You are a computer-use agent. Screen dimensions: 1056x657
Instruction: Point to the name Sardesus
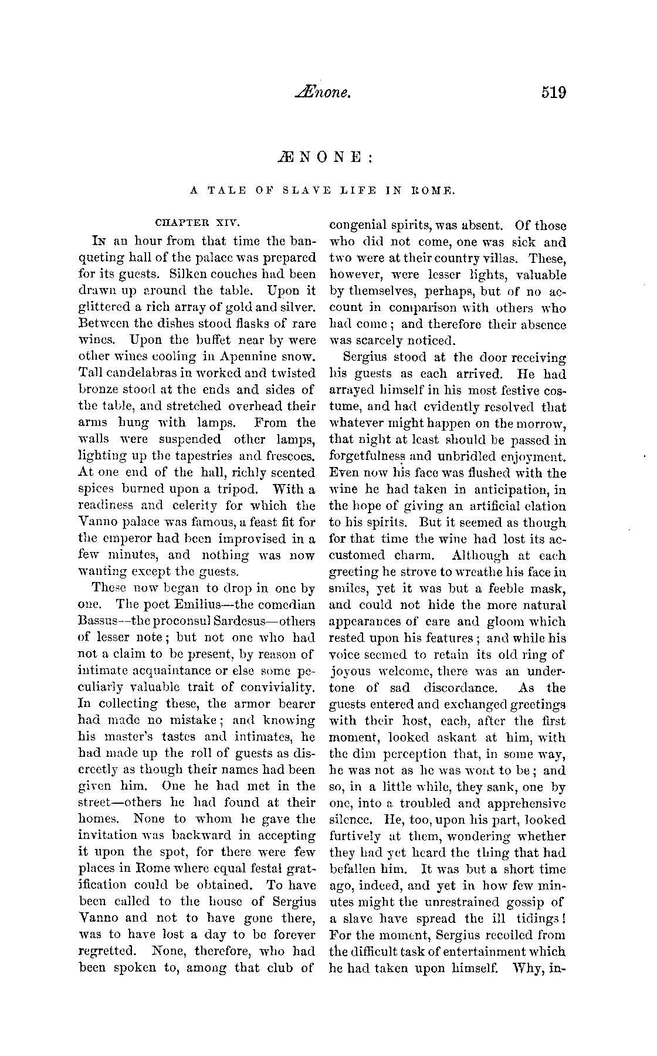click(x=253, y=621)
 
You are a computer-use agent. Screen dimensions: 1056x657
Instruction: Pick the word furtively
click(x=357, y=837)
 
